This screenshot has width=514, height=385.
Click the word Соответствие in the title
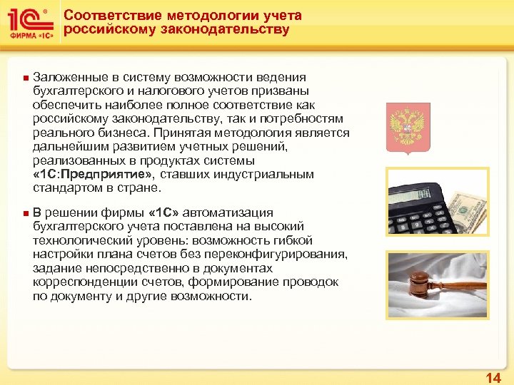(108, 16)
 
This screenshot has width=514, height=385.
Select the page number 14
(493, 376)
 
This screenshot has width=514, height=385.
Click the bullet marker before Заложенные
(24, 78)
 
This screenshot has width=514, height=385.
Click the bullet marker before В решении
(24, 213)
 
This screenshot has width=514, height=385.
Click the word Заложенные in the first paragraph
(68, 78)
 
